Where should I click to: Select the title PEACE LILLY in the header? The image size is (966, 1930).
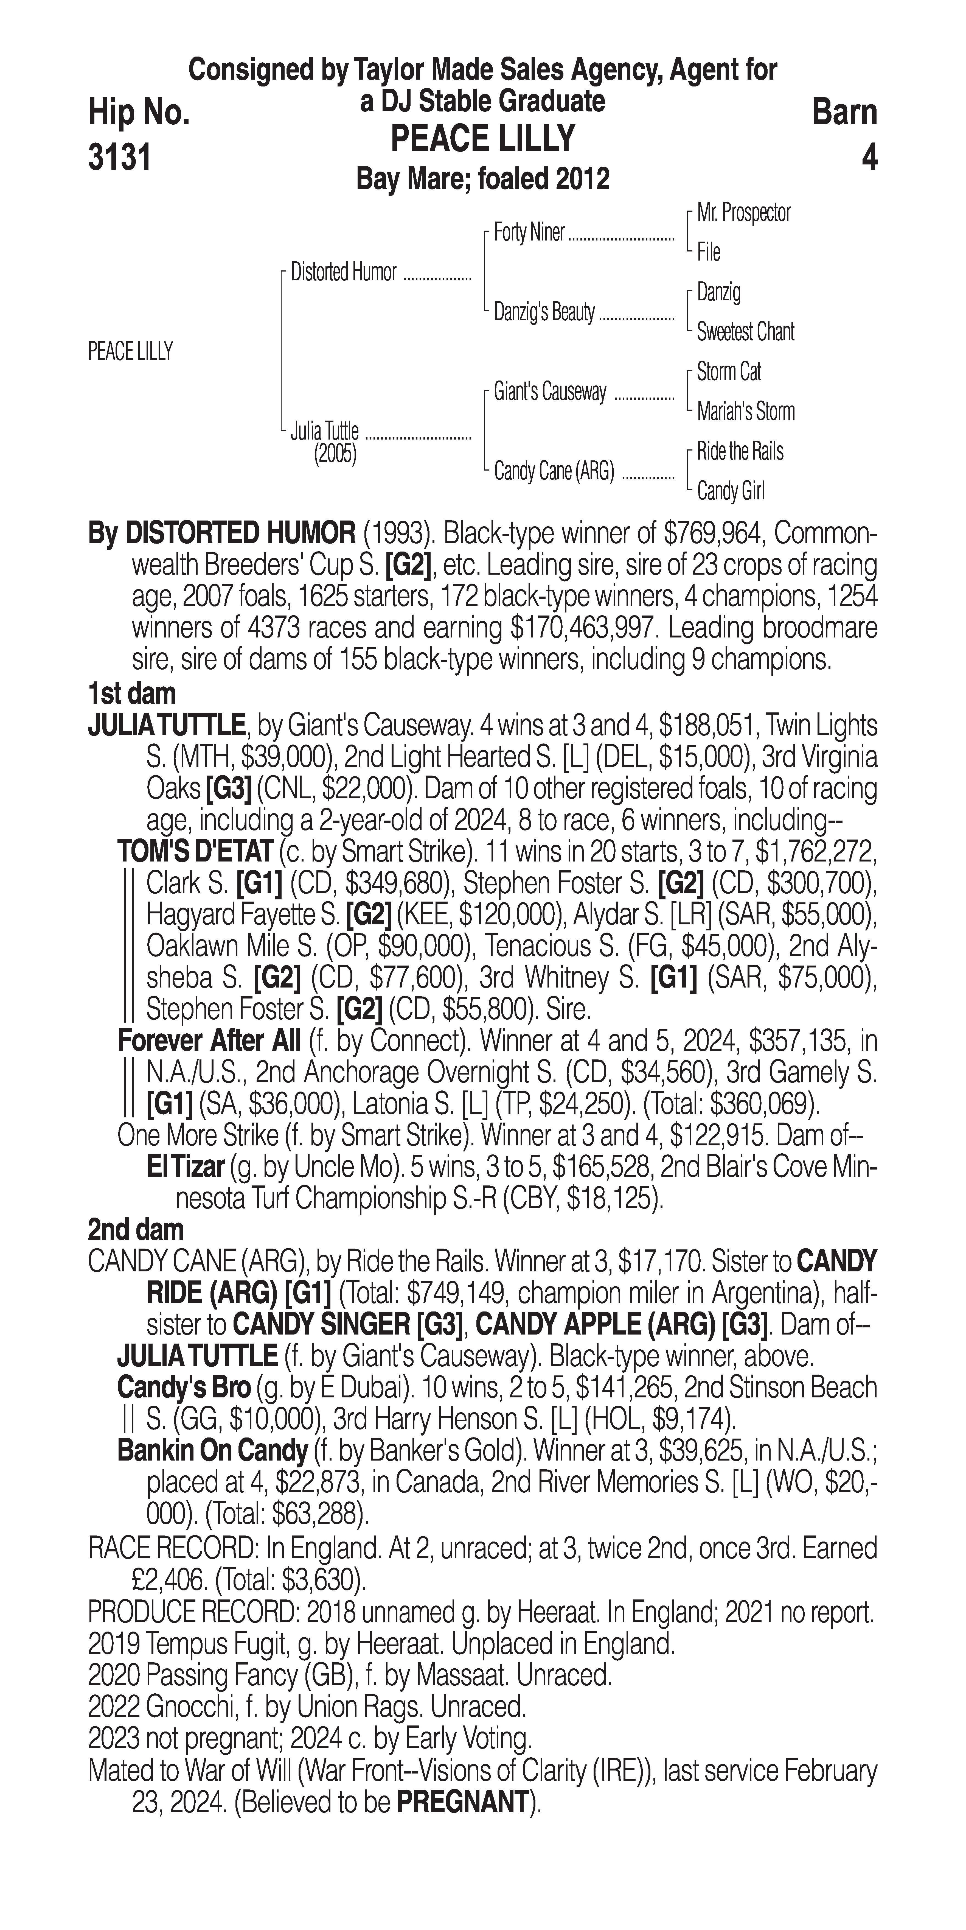(x=483, y=139)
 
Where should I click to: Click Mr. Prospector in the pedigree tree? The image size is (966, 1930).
(x=744, y=213)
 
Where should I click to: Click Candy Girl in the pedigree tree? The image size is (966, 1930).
(x=730, y=491)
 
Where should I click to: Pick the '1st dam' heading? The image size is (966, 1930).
(x=132, y=694)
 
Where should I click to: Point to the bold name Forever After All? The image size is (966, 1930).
(x=209, y=1041)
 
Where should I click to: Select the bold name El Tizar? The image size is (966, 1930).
(x=186, y=1167)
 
